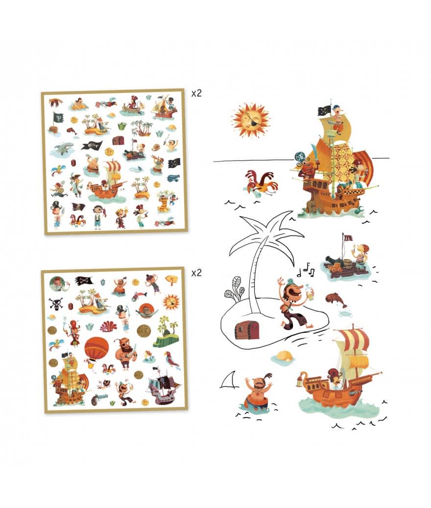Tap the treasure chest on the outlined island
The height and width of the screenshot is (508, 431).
(247, 329)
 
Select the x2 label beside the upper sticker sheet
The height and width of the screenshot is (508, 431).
(196, 93)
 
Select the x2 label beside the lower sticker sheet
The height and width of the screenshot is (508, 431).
(196, 273)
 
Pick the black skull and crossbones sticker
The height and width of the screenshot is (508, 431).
(55, 304)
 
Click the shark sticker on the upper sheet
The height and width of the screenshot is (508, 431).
(63, 148)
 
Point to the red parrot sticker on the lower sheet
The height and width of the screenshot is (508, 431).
(171, 359)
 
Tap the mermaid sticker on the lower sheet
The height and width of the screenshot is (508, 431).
(148, 356)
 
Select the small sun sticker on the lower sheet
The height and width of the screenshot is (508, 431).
(171, 301)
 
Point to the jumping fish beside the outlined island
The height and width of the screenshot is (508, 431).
(336, 300)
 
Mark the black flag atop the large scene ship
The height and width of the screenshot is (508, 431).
(325, 111)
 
